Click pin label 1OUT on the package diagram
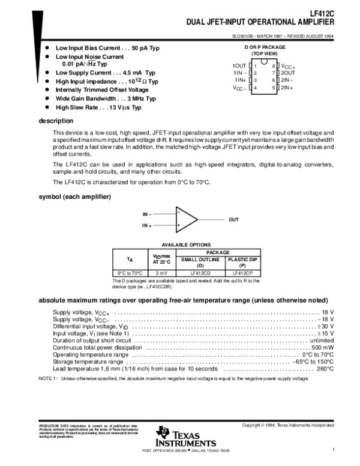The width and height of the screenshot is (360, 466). [240, 64]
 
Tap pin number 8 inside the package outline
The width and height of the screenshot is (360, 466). [274, 64]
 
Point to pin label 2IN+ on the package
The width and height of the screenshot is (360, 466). [287, 88]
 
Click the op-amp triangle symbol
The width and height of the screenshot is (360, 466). [187, 220]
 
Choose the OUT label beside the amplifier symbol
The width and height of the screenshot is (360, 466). [233, 220]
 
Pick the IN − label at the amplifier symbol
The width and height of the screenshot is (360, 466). [147, 214]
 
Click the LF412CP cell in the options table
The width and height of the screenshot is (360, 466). [242, 273]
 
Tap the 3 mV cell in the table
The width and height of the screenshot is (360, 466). [161, 273]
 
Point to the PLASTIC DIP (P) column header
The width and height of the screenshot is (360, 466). [242, 262]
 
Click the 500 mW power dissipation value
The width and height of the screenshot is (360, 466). [322, 347]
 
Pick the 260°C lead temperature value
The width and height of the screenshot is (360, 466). [325, 369]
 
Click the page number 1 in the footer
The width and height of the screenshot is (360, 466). [332, 450]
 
